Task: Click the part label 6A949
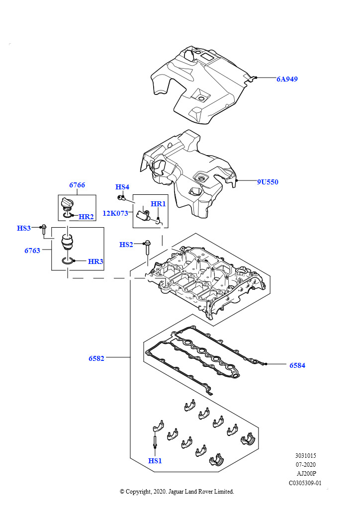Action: pos(287,79)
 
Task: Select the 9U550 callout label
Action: pos(268,182)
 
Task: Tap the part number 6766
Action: pos(77,185)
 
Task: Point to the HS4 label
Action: pos(122,187)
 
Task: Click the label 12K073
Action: pos(115,213)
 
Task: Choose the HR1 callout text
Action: pos(158,204)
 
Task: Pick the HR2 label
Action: pos(86,217)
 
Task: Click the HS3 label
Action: pos(24,228)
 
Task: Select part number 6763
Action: pos(32,251)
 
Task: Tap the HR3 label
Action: pos(95,261)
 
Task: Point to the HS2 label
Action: pos(126,245)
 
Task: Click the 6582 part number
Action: pos(96,358)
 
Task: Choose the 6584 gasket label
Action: pos(297,365)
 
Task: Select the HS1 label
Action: pos(155,461)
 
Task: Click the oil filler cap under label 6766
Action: pos(67,205)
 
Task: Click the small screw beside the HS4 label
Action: pos(121,197)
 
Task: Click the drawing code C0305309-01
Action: pos(305,483)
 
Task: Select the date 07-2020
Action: pos(305,465)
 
